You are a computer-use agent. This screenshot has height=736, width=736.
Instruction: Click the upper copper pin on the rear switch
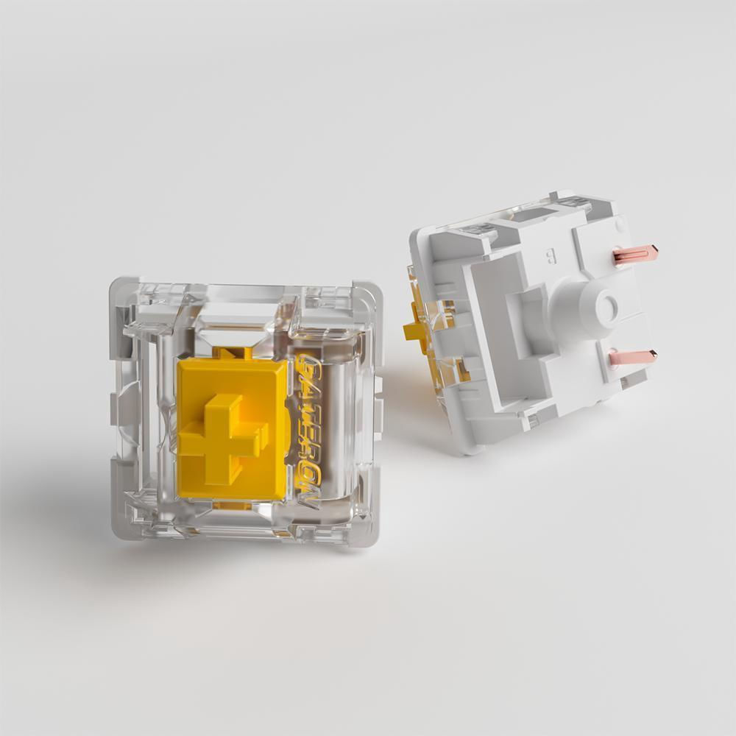tap(634, 255)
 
